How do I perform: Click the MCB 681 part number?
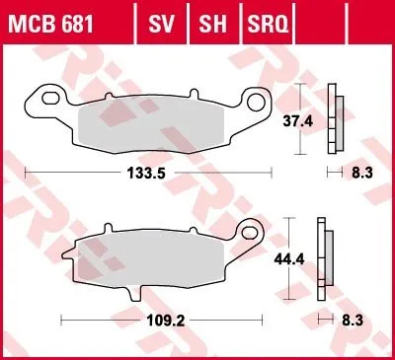50,24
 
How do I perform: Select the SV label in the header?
161,24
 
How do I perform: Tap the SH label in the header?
212,24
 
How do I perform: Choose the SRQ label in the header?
268,24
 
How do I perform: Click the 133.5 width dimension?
146,173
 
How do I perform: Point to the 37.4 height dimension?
298,121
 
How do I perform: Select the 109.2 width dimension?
166,321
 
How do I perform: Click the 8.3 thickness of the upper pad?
362,173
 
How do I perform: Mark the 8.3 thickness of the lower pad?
353,321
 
